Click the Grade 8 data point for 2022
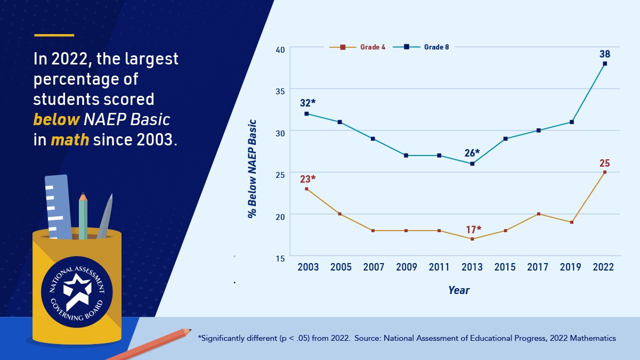click(604, 63)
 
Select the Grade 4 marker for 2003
click(306, 189)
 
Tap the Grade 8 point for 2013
click(472, 163)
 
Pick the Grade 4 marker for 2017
click(538, 214)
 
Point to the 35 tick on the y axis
click(280, 90)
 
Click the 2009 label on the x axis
click(406, 267)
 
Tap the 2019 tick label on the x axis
click(571, 267)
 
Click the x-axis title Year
click(458, 290)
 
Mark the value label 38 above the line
click(604, 54)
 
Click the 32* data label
click(308, 103)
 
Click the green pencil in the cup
click(83, 216)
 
